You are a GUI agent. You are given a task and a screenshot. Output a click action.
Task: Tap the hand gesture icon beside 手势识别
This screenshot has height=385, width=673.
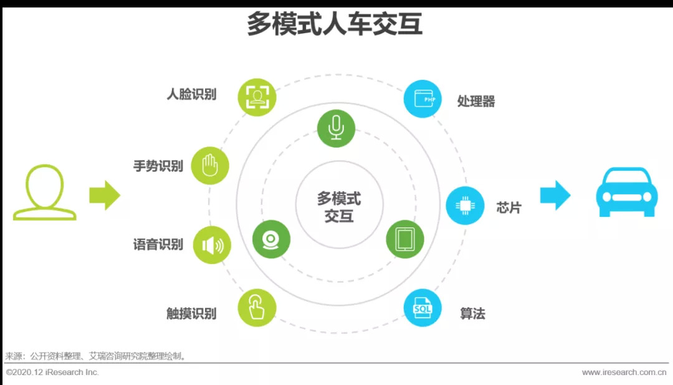pyautogui.click(x=210, y=166)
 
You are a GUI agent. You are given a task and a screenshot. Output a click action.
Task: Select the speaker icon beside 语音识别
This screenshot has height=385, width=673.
pyautogui.click(x=212, y=245)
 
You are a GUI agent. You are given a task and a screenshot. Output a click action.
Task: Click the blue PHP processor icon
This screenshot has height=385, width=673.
pyautogui.click(x=422, y=99)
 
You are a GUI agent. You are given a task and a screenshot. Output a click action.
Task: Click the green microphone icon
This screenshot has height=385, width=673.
pyautogui.click(x=336, y=128)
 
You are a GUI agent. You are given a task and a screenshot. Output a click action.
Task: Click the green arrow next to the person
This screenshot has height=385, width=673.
pyautogui.click(x=104, y=195)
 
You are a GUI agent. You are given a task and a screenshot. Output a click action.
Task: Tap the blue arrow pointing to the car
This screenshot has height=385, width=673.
pyautogui.click(x=555, y=195)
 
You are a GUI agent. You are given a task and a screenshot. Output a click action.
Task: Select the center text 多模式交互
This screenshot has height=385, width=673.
pyautogui.click(x=338, y=207)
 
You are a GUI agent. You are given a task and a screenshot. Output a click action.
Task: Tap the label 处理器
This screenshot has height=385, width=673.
pyautogui.click(x=476, y=101)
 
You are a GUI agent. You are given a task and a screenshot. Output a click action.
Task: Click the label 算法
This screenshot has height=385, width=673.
pyautogui.click(x=472, y=313)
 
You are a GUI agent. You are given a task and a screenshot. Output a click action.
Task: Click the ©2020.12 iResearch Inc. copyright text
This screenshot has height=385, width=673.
pyautogui.click(x=52, y=373)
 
